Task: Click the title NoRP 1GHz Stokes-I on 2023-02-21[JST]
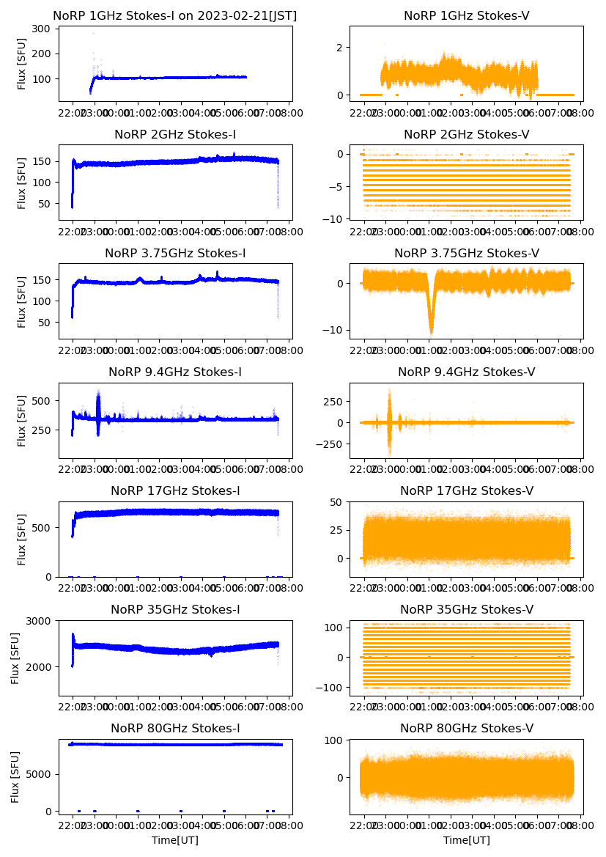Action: pos(174,16)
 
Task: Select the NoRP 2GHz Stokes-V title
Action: pos(466,135)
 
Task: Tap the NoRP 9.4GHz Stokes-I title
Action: pos(174,372)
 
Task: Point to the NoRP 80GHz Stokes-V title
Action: pos(466,729)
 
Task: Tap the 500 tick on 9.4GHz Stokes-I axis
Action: pos(42,401)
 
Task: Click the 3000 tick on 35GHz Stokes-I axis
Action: pos(40,621)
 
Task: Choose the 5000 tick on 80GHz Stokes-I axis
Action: pos(40,774)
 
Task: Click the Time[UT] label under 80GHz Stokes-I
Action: pos(174,840)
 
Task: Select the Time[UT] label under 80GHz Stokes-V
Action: pos(466,840)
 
